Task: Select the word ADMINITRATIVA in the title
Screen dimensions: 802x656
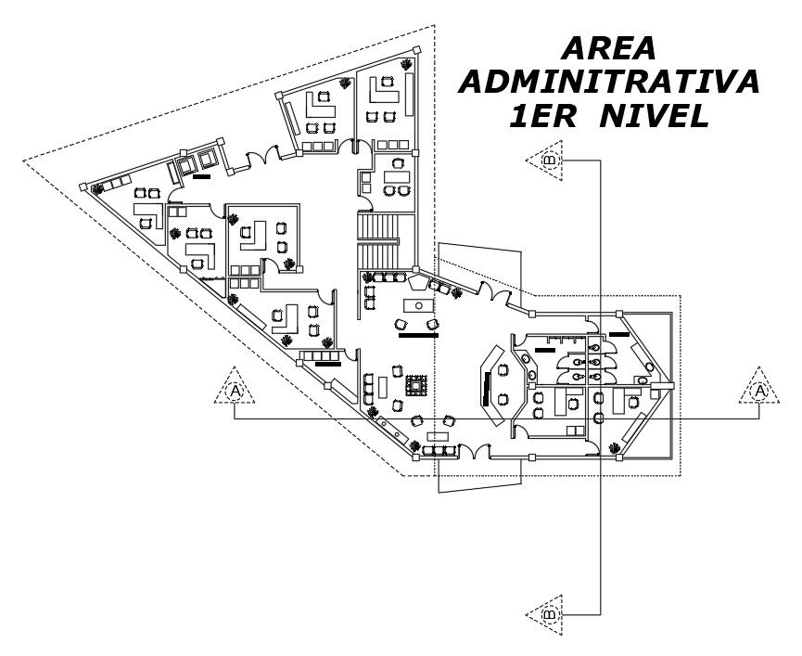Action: (x=609, y=81)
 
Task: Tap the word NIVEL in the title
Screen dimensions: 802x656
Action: (x=654, y=116)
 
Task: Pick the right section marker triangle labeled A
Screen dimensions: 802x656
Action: (x=759, y=390)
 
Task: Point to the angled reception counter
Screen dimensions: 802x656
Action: (x=488, y=380)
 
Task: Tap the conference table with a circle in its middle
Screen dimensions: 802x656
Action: (x=417, y=305)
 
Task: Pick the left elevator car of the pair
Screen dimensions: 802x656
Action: (x=185, y=166)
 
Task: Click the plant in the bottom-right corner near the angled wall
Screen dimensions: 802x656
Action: (x=614, y=449)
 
